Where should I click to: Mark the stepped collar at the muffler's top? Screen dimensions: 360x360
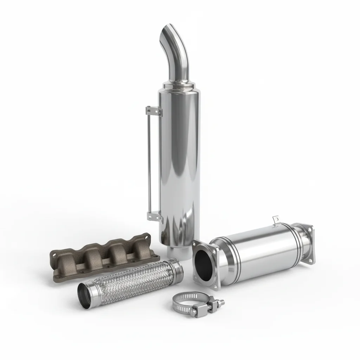179,86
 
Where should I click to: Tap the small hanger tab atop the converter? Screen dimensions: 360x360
276,219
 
